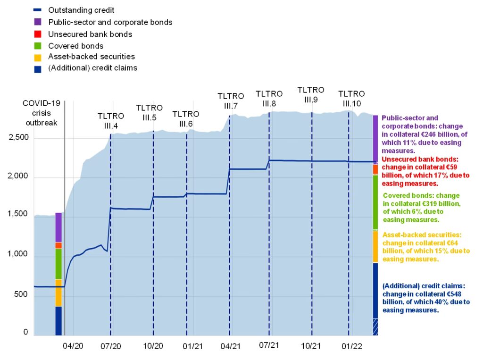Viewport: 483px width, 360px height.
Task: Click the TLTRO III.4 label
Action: click(111, 121)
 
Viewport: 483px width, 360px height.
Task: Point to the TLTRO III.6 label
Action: click(186, 119)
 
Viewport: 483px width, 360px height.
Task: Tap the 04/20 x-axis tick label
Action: click(74, 346)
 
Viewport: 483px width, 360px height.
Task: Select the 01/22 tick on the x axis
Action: click(351, 346)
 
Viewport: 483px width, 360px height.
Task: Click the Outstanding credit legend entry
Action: click(81, 10)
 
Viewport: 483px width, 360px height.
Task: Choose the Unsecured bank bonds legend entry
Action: click(90, 34)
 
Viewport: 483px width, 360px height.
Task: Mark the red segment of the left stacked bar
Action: click(58, 245)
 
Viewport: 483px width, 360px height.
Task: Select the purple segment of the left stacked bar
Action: click(58, 227)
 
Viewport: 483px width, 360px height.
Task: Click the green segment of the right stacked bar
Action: click(375, 202)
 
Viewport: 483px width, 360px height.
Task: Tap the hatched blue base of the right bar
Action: click(375, 327)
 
